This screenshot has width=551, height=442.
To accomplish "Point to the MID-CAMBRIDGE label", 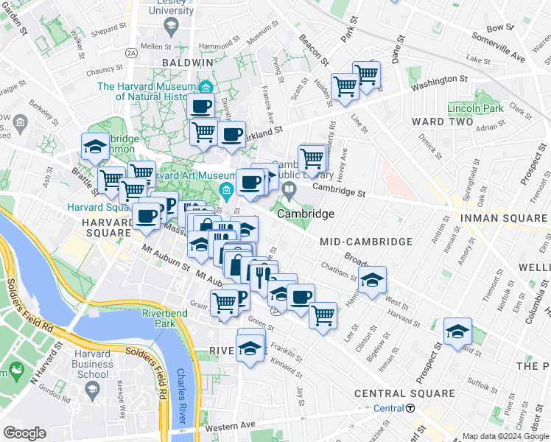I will point(366,242).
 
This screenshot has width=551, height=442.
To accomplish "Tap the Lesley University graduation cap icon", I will point(170,27).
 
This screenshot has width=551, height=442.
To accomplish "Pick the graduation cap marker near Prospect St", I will point(457,331).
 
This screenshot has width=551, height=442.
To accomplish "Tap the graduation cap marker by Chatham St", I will point(373,280).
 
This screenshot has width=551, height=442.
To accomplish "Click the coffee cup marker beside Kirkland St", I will point(231,135).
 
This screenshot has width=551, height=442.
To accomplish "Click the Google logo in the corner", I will point(24,433).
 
